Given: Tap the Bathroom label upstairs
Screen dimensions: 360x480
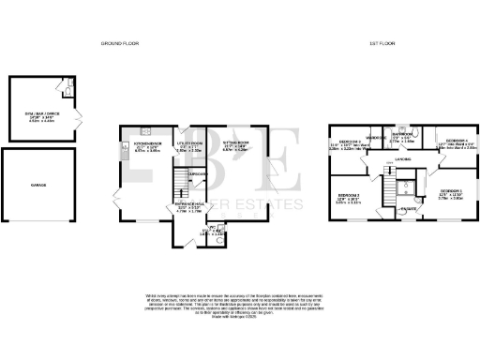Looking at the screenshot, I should click(403, 135).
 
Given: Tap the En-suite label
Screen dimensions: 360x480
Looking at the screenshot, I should click(409, 208).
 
